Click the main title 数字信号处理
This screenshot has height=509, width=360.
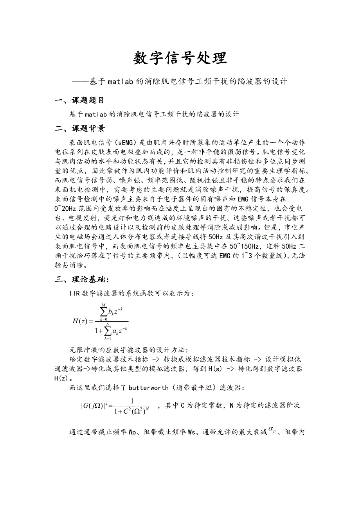point(180,58)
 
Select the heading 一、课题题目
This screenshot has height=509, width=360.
point(80,100)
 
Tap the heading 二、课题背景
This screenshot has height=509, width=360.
point(80,129)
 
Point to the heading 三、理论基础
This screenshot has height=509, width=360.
point(82,279)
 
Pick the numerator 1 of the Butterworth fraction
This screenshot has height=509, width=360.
point(132,400)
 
